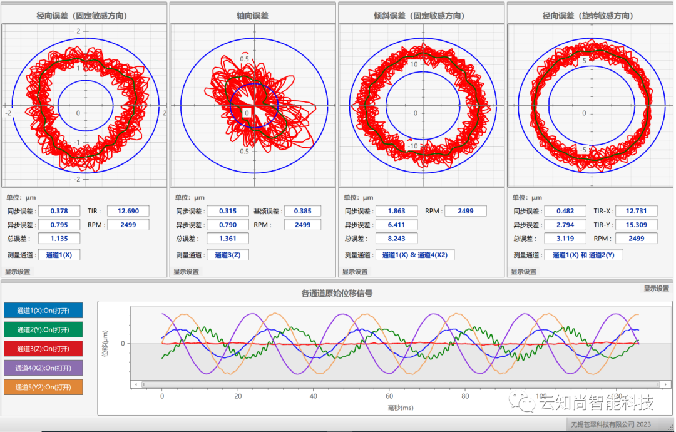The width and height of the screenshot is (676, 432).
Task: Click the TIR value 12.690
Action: point(128,211)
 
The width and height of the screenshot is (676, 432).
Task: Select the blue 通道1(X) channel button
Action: point(43,311)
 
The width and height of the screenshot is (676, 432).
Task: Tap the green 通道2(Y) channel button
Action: point(43,330)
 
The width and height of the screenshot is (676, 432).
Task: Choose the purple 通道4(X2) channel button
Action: point(43,368)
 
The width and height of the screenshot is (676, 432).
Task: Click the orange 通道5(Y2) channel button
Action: point(43,387)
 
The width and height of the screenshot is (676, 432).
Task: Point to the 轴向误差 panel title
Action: point(253,16)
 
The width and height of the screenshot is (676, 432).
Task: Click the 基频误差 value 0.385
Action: point(302,211)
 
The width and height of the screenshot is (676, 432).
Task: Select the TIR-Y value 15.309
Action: point(637,225)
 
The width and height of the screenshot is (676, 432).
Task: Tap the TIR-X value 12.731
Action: point(637,211)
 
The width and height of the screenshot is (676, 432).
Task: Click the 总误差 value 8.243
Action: point(396,239)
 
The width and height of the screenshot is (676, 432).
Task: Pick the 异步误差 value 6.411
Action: point(396,225)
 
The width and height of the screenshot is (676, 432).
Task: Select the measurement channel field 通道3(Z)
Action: point(228,255)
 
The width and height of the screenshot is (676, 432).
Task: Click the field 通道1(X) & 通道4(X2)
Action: point(415,255)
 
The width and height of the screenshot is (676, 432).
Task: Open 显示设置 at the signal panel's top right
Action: point(656,289)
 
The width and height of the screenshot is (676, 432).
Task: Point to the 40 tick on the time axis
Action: point(314,396)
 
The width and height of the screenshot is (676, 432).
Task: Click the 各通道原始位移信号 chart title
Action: point(337,293)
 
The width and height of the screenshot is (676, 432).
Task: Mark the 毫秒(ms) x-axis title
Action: point(401,408)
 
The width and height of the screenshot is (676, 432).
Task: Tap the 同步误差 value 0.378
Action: point(59,211)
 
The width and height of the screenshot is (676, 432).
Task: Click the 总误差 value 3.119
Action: point(565,239)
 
